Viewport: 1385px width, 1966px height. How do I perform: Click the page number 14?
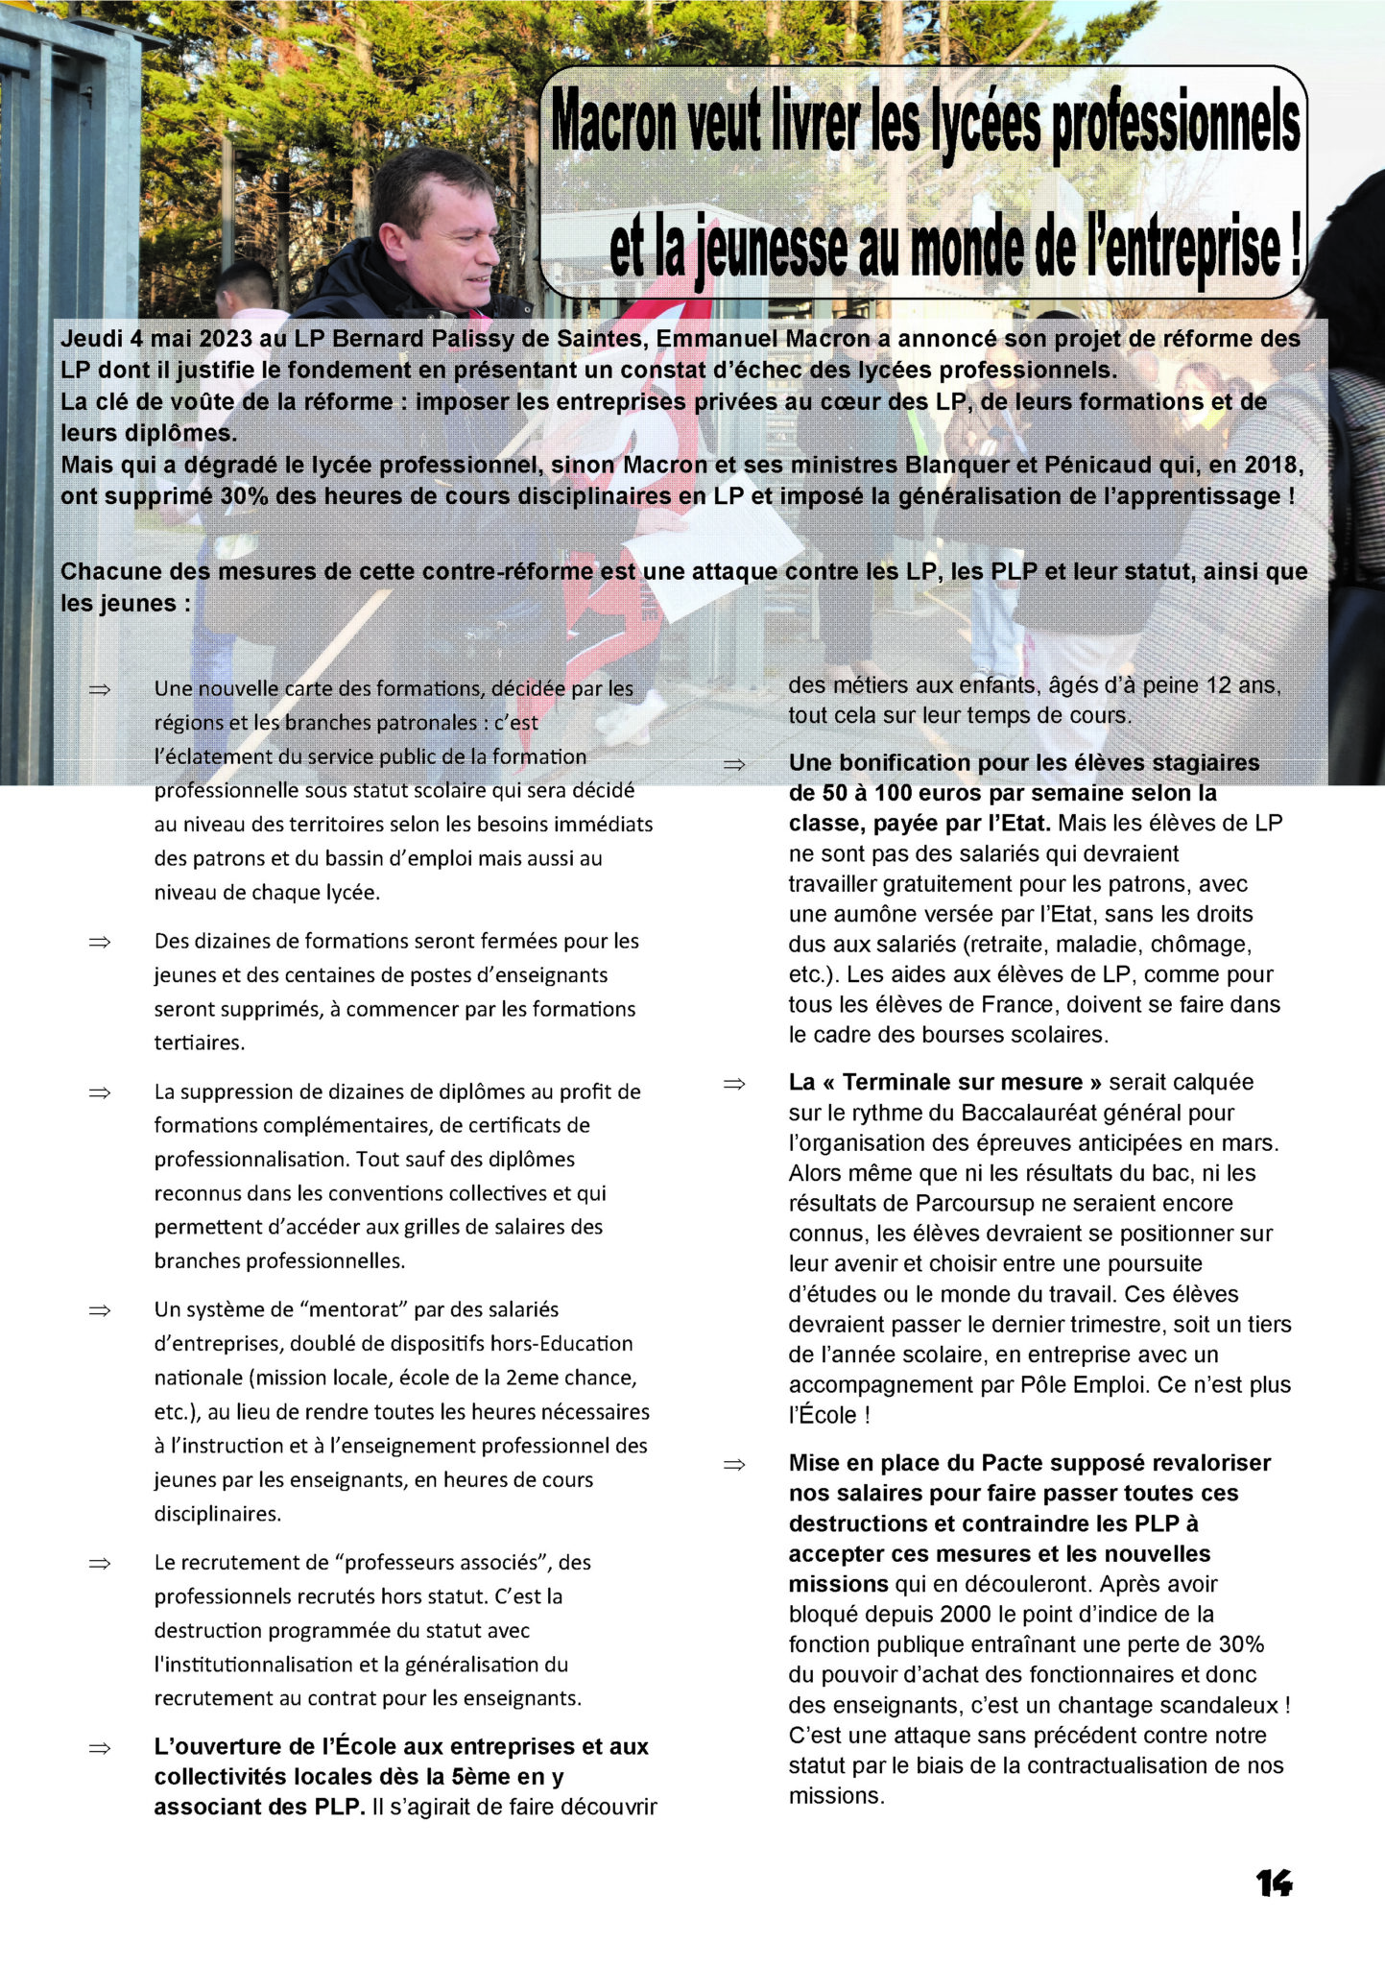1274,1883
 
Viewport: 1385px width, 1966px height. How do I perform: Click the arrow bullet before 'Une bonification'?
734,765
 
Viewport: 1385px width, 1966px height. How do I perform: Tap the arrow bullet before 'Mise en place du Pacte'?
734,1465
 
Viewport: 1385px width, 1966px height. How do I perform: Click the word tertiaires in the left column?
199,1043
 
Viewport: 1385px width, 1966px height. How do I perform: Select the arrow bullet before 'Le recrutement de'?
100,1564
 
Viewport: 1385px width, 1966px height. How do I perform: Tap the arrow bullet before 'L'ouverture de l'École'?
100,1748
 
